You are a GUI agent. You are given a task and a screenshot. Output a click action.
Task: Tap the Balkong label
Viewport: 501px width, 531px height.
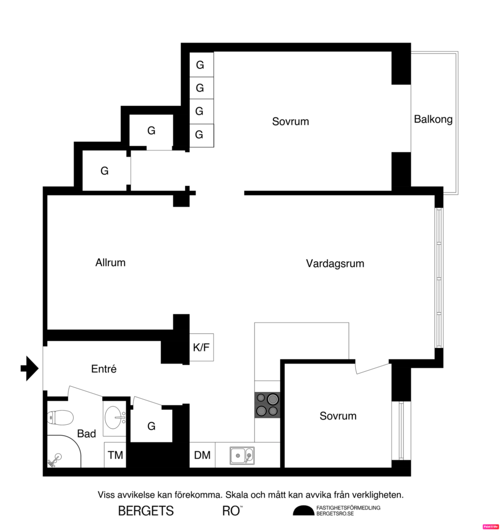[433, 119]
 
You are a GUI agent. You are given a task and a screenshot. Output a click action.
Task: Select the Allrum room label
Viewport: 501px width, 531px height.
[110, 262]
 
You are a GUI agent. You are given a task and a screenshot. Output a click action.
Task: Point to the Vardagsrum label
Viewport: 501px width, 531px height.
[335, 263]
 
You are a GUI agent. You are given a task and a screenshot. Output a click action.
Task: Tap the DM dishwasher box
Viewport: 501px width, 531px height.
[202, 455]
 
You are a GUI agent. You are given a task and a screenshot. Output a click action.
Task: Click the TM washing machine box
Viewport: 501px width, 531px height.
[115, 455]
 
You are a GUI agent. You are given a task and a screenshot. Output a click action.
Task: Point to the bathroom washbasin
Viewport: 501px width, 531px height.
[115, 416]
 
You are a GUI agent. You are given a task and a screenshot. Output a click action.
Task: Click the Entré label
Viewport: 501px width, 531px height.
[104, 369]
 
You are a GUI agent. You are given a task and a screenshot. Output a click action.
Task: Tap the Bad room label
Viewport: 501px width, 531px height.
[87, 434]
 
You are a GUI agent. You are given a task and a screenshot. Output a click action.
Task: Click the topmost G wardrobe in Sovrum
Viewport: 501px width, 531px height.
[200, 65]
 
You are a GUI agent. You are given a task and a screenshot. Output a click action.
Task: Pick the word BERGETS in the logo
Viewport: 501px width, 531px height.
[146, 511]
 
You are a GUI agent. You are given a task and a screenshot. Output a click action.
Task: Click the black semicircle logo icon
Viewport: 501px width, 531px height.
[303, 511]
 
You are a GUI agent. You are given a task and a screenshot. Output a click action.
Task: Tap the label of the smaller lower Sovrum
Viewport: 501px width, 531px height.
[338, 416]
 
